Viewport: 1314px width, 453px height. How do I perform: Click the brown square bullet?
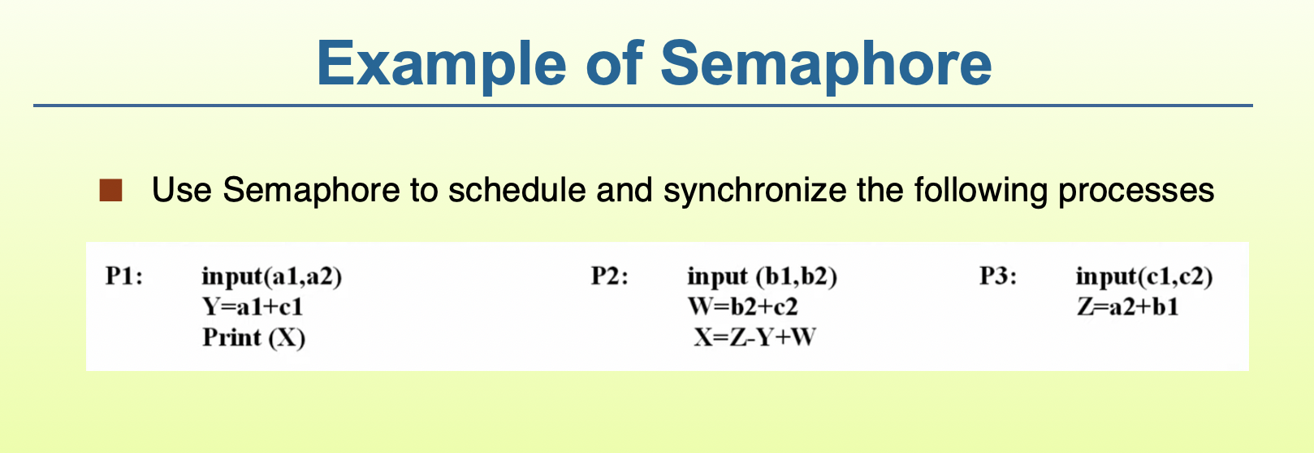(x=110, y=191)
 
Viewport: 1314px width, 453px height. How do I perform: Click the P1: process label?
(x=124, y=277)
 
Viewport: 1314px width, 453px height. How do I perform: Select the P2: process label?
(x=610, y=277)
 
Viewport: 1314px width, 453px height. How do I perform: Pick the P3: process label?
(x=998, y=277)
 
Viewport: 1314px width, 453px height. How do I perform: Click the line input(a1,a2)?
(x=272, y=277)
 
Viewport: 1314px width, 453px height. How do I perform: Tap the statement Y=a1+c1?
(x=252, y=307)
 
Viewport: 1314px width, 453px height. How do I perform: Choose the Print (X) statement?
(x=254, y=337)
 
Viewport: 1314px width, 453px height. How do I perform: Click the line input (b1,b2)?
(x=762, y=277)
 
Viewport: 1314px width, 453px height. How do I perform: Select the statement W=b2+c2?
(x=742, y=307)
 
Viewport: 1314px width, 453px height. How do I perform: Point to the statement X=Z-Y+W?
(x=754, y=337)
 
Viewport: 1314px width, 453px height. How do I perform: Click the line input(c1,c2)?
(x=1144, y=277)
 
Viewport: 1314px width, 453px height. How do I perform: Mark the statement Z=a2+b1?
(x=1127, y=307)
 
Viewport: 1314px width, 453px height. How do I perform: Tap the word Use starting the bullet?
(x=182, y=191)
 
